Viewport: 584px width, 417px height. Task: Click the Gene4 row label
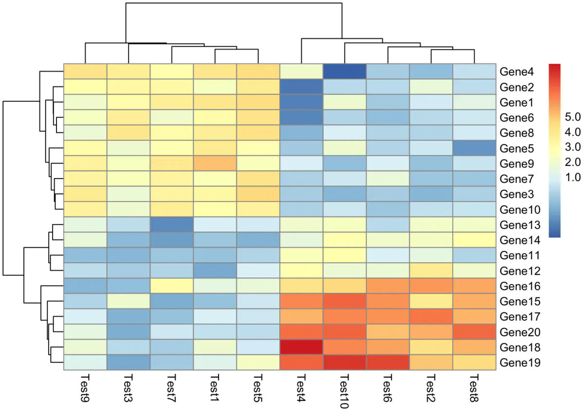point(517,72)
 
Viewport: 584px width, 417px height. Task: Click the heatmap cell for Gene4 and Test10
point(345,72)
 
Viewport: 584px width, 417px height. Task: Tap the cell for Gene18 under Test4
point(302,347)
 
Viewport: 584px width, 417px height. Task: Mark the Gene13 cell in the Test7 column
point(172,225)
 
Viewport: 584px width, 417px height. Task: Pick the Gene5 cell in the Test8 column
point(474,148)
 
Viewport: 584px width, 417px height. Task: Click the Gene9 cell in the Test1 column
point(215,163)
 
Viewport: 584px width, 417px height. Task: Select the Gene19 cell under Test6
point(388,363)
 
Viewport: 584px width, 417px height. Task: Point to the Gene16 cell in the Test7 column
point(172,286)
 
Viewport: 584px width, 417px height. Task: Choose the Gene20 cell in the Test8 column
point(474,332)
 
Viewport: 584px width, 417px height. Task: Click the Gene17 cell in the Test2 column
point(431,317)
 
